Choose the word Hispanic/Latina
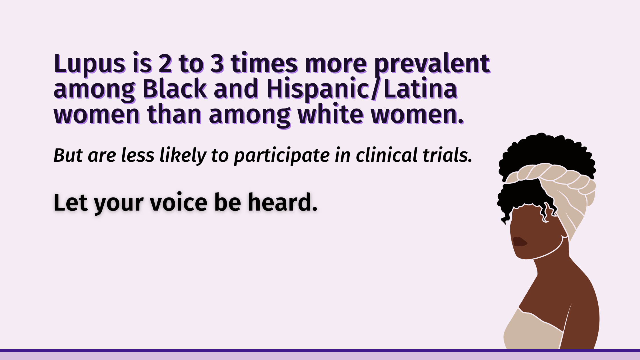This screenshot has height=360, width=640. pos(362,89)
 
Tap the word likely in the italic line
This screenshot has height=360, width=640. pos(183,156)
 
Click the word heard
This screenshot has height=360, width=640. pos(283,202)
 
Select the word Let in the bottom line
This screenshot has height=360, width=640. pos(70,202)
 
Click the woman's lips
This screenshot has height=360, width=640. pos(520,242)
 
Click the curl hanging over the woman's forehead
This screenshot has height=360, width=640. pos(547,212)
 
